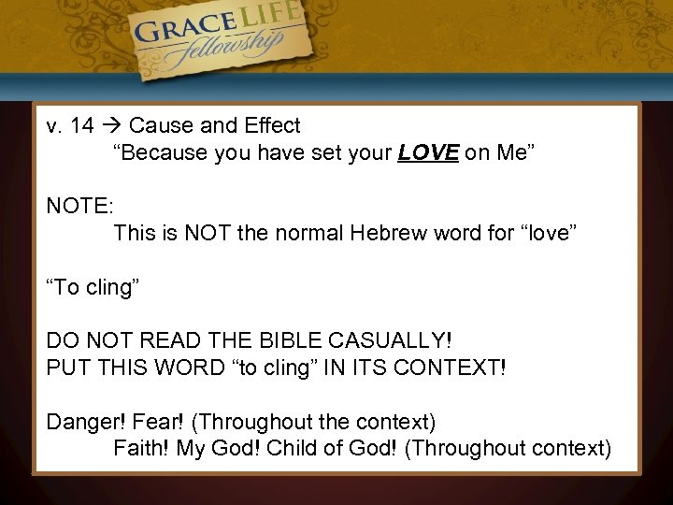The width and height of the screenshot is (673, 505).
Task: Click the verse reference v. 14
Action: [x=70, y=125]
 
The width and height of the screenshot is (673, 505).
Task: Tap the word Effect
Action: [x=269, y=125]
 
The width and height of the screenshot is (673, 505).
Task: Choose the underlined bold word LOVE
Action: [x=428, y=153]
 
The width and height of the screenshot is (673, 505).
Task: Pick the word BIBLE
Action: [x=308, y=340]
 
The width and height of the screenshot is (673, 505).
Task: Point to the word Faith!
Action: [x=141, y=448]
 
